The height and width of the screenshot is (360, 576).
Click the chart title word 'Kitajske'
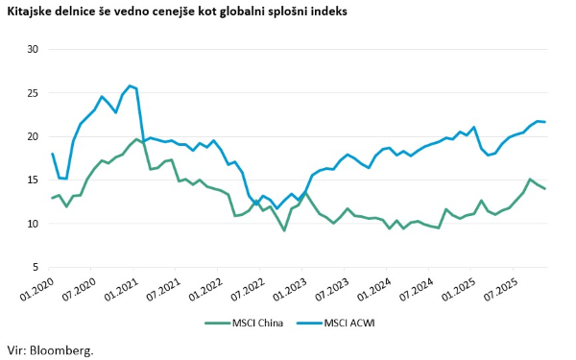(x=32, y=12)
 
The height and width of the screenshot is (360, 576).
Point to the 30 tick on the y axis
(x=32, y=49)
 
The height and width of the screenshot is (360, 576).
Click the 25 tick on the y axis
(x=32, y=93)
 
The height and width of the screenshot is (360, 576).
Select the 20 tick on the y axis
(x=32, y=136)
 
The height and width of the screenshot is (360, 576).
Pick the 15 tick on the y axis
(x=32, y=180)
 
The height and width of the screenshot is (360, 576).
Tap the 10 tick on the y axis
(x=32, y=224)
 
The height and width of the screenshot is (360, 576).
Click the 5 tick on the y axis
(x=34, y=268)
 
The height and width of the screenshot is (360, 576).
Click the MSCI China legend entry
(x=243, y=322)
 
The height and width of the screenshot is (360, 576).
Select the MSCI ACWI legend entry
(x=343, y=322)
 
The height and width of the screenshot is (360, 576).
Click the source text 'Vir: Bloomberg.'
(x=50, y=350)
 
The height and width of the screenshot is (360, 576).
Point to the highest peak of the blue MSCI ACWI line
(x=130, y=85)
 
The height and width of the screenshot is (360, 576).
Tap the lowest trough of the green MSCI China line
(x=284, y=230)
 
